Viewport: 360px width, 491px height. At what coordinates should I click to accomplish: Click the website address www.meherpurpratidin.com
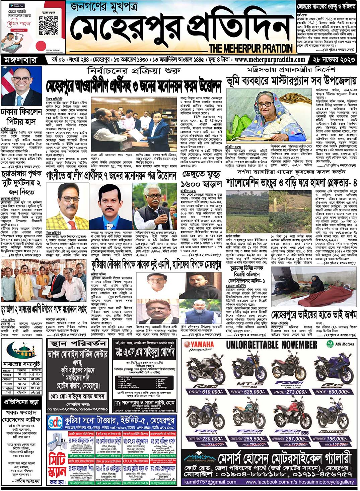(x=270, y=60)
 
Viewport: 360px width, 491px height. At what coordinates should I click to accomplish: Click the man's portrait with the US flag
(x=21, y=86)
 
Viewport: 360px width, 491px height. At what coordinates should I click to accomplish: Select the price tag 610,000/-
(x=204, y=391)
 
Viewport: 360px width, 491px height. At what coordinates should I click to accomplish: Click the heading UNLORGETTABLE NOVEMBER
(x=271, y=345)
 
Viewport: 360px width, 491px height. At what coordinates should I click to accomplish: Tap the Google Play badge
(x=16, y=6)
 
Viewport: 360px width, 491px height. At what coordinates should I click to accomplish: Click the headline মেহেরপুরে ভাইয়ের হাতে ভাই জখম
(x=314, y=315)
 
